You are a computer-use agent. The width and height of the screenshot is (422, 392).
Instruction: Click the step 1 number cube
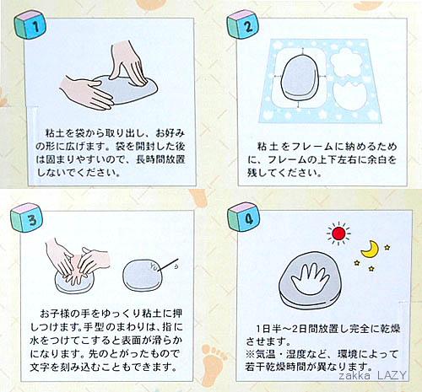[x=29, y=24]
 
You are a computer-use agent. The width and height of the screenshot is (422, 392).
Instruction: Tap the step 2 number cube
[x=242, y=24]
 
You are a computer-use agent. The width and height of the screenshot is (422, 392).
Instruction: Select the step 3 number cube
[x=27, y=218]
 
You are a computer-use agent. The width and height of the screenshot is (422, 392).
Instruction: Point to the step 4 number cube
[x=243, y=217]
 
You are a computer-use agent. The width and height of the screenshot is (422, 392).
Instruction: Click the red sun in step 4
[x=338, y=234]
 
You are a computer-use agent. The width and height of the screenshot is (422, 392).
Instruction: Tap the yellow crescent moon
[x=370, y=249]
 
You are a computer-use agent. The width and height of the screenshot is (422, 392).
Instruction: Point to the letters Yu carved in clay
[x=154, y=266]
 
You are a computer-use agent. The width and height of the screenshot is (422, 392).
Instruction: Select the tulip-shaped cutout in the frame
[x=351, y=96]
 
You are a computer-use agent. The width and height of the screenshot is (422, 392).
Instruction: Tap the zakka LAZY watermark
[x=372, y=375]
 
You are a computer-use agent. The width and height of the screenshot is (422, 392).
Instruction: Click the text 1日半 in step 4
[x=267, y=329]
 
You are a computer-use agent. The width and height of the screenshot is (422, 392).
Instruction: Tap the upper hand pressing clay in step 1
[x=128, y=63]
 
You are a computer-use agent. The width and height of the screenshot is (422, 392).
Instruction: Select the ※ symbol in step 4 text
[x=251, y=354]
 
